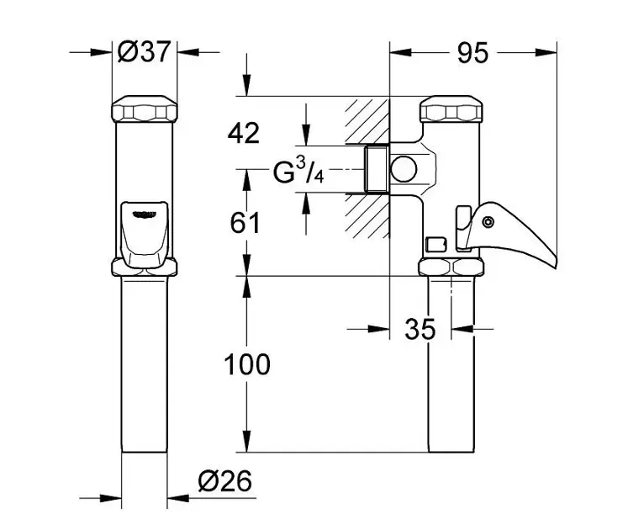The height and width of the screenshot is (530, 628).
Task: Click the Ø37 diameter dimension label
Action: pos(144,52)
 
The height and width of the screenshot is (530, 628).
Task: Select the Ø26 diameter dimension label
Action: pos(226,481)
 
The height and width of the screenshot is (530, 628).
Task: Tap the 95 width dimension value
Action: pos(472,53)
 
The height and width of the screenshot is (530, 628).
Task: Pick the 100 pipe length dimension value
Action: pos(246,364)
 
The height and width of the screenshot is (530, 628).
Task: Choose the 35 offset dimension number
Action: pos(420,330)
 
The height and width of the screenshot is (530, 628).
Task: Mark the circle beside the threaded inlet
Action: pos(404,168)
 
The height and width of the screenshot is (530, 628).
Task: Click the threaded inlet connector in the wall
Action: pos(375,168)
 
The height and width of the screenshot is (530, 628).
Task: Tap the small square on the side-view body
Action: pos(435,244)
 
